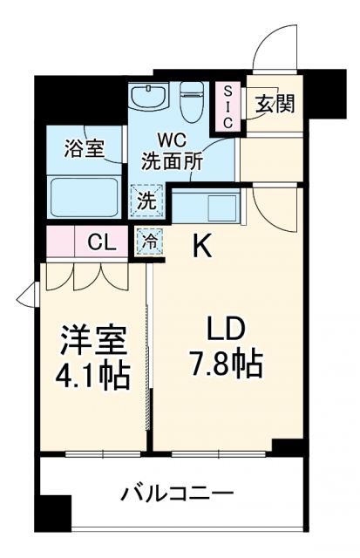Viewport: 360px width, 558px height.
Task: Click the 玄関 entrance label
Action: (x=274, y=103)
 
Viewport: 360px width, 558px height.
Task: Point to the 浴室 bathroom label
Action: (x=84, y=148)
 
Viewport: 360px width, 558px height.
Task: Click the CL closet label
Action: (x=104, y=242)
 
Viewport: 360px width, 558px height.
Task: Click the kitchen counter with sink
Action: (x=205, y=207)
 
